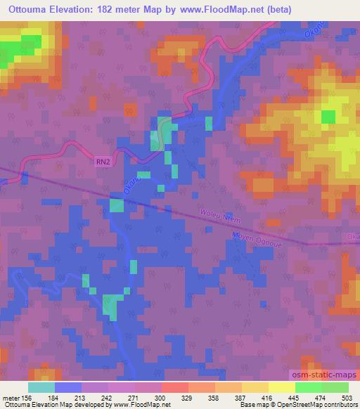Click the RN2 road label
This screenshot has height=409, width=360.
(x=103, y=161)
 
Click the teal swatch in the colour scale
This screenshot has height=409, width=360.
(x=41, y=387)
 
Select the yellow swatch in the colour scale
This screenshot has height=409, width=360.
(x=281, y=387)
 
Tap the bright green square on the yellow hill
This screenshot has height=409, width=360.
(x=328, y=117)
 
